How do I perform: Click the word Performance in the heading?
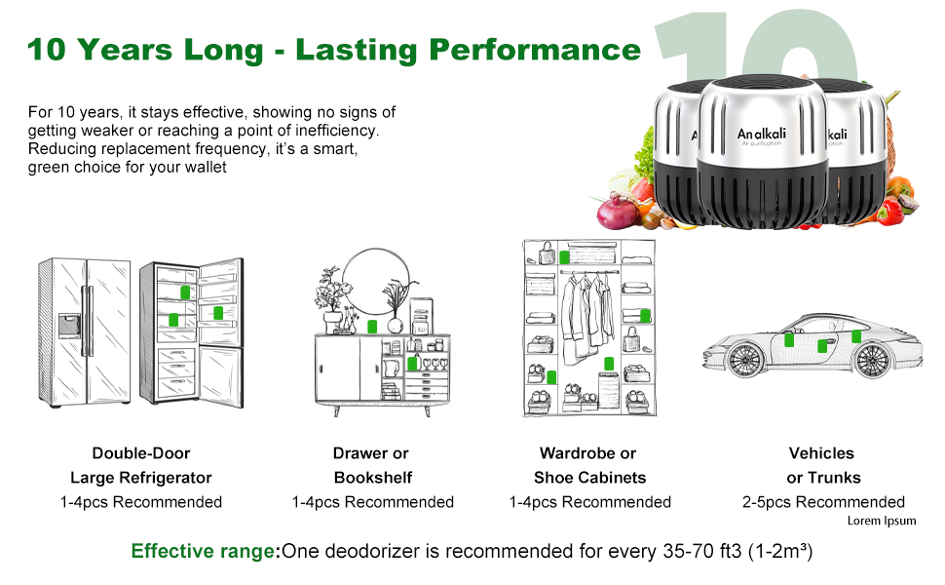pos(535,50)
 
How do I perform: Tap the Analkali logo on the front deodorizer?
pos(762,136)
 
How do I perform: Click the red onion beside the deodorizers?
pos(617,212)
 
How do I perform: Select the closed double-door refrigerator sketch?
pos(84,332)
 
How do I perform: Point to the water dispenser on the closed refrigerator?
pos(69,326)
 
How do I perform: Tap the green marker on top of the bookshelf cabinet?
pos(372,327)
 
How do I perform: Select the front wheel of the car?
pos(746,360)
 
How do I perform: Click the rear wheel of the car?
pos(872,360)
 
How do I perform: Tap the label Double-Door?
pos(141,453)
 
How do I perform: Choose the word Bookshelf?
pos(373,478)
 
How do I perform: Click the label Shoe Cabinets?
pos(590,478)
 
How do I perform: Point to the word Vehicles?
pos(821,453)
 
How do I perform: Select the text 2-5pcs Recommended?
pos(823,502)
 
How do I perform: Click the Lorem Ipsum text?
pos(882,521)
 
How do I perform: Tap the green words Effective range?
pos(203,551)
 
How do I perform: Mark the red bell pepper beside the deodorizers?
pos(890,212)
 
